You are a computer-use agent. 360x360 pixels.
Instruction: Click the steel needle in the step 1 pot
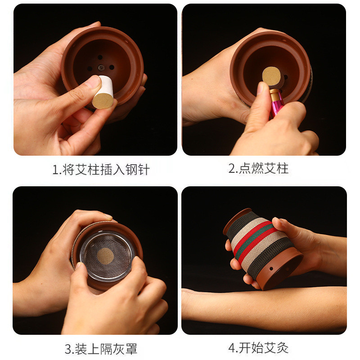point(101,67)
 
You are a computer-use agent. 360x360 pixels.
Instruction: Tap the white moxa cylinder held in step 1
point(103,92)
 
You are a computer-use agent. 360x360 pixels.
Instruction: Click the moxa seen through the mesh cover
point(105,256)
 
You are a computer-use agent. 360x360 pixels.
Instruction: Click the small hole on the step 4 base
point(271,268)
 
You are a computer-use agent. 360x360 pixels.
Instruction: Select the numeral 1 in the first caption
point(55,170)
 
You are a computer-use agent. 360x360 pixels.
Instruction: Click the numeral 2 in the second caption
point(232,168)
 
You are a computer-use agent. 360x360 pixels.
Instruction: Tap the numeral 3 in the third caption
point(68,349)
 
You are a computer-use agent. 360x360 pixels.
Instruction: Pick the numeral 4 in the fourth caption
point(232,348)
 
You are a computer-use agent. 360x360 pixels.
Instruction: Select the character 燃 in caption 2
point(257,168)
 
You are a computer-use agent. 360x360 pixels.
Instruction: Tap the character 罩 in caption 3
point(131,349)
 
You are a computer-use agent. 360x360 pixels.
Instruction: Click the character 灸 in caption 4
point(283,348)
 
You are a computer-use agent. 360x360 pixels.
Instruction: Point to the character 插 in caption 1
point(106,170)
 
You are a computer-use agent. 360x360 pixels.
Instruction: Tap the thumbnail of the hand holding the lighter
point(260,88)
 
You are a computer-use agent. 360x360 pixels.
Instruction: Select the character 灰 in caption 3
point(119,349)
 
